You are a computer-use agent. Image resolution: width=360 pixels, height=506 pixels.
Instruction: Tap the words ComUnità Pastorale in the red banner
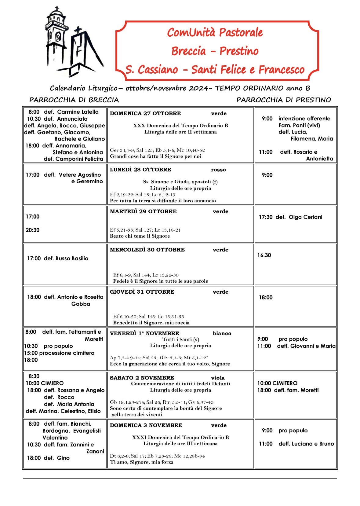click(215, 32)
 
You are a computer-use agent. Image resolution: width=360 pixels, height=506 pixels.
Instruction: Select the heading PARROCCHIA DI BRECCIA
click(74, 100)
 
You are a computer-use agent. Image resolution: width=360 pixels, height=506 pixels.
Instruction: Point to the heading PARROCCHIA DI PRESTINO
click(283, 100)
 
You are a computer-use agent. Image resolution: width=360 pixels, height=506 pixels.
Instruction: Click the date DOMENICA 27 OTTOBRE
click(145, 113)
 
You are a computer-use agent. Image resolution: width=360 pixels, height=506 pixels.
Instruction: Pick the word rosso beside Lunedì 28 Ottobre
click(218, 170)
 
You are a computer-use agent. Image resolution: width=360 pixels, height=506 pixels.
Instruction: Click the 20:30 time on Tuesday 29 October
click(33, 230)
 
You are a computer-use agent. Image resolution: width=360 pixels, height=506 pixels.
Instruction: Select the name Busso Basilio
click(72, 258)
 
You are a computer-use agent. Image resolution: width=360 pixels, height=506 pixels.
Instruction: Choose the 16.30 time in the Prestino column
click(264, 255)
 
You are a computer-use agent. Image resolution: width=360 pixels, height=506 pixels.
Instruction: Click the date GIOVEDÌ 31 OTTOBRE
click(142, 292)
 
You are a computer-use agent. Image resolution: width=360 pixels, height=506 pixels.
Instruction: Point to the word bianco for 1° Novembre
click(222, 333)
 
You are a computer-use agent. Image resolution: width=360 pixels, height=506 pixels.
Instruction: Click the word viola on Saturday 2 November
click(218, 378)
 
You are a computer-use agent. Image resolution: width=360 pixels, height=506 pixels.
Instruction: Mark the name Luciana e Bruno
click(306, 444)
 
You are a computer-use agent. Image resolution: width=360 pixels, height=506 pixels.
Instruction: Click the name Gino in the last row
click(63, 458)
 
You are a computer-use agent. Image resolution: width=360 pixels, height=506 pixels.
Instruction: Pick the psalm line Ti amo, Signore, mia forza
click(142, 462)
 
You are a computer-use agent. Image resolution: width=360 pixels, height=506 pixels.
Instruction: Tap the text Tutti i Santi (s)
click(181, 339)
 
